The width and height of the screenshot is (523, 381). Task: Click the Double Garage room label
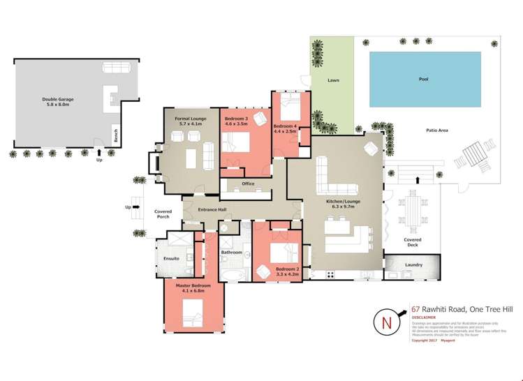[x=57, y=102]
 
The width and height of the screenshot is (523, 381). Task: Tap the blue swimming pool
[x=423, y=80]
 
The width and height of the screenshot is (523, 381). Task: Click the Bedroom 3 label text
[x=237, y=123]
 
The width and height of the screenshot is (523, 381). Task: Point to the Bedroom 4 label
[x=285, y=128]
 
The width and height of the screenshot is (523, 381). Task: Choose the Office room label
[x=248, y=184]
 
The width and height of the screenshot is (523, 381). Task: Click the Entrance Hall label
[x=212, y=209]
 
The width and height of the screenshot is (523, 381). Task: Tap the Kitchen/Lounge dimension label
[x=343, y=204]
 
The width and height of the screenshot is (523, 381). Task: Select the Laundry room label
[x=414, y=265]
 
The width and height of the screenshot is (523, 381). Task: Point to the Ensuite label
[x=172, y=258]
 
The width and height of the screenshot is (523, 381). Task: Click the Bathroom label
[x=231, y=252]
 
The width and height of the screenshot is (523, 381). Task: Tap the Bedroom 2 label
[x=287, y=271]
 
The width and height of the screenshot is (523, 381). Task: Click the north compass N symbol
[x=387, y=323]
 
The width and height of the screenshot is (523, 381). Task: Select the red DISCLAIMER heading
[x=425, y=317]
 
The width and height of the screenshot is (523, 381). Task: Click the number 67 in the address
[x=415, y=308]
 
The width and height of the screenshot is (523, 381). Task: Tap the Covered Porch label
[x=163, y=214]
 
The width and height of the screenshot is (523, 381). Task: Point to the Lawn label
[x=333, y=81]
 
